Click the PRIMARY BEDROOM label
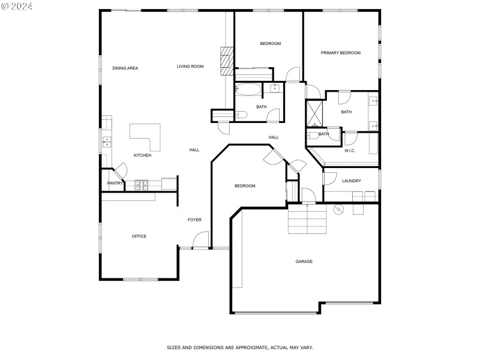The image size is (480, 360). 340,53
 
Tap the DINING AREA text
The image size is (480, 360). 125,68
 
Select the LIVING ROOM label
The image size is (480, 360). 190,67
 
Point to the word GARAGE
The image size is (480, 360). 304,262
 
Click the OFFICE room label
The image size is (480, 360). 139,236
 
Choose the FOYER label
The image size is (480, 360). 194,220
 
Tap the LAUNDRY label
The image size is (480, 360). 351,181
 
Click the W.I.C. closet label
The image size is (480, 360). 350,151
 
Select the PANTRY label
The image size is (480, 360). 115,183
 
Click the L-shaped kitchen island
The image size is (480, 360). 148,136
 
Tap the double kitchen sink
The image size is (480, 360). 107,142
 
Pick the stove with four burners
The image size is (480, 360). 142,185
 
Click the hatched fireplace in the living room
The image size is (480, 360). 226,61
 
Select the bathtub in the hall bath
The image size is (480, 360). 248,91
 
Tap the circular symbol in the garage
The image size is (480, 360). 337,209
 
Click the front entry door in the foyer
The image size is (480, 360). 200,239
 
